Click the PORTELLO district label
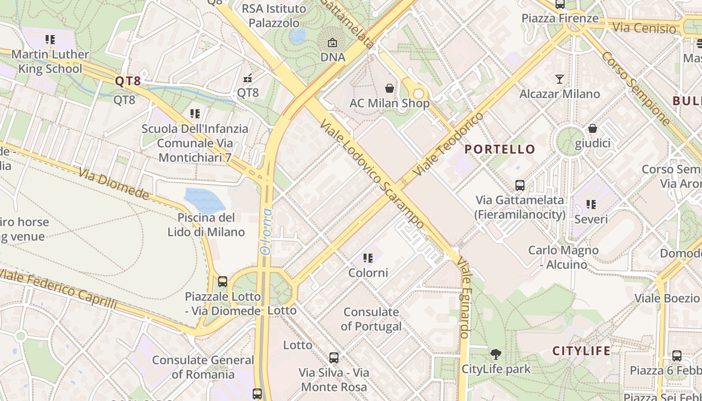click(x=500, y=149)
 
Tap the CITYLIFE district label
click(x=582, y=351)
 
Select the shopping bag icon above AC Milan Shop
click(x=390, y=89)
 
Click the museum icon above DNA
click(x=332, y=43)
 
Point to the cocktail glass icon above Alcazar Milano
click(x=560, y=79)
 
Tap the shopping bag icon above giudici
click(x=593, y=128)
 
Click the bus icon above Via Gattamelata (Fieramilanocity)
click(x=520, y=185)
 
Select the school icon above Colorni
click(x=368, y=258)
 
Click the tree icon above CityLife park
click(x=496, y=354)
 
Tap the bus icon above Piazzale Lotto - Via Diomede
click(x=223, y=282)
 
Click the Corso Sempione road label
click(x=635, y=88)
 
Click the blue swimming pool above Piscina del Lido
click(x=205, y=200)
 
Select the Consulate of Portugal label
click(x=371, y=319)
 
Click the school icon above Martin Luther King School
click(x=50, y=39)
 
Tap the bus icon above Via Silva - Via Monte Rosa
click(x=334, y=358)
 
